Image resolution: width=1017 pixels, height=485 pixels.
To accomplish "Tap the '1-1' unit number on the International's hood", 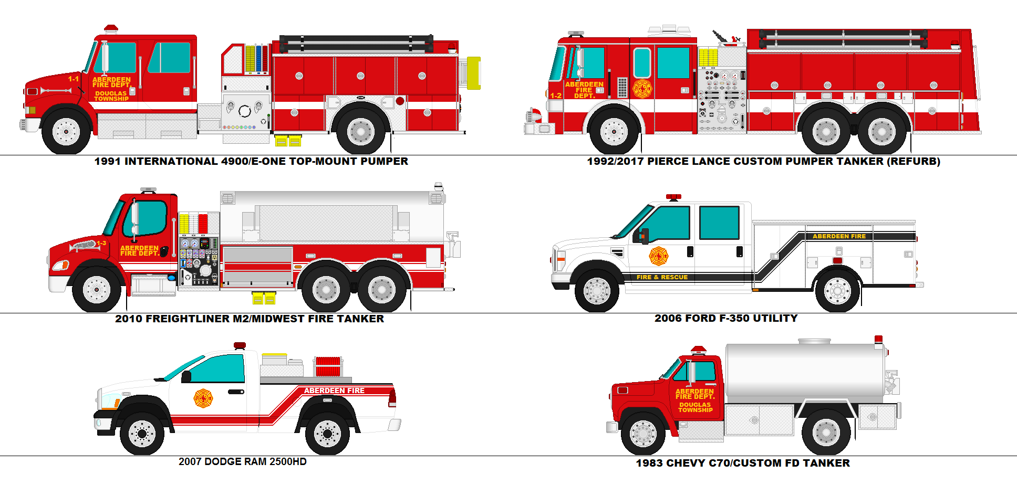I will point(73,79).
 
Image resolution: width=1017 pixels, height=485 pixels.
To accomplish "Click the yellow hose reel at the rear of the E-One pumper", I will point(473,73).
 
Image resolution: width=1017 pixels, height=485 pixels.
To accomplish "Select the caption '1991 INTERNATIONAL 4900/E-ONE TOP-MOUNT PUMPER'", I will point(251,162).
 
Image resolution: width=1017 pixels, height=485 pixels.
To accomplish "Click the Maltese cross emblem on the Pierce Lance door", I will point(642,89).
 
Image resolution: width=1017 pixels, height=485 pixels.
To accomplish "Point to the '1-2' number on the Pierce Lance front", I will point(556,96).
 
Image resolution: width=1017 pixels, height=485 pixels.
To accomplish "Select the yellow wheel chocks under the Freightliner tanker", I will point(264,298).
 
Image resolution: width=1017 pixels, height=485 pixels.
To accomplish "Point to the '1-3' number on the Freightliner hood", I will point(101,243).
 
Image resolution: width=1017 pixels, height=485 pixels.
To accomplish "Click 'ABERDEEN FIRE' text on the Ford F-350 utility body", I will point(839,236).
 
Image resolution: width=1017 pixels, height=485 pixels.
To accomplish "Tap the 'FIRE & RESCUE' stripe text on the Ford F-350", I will point(662,277).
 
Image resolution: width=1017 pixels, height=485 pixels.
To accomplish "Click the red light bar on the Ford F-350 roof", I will point(673,197).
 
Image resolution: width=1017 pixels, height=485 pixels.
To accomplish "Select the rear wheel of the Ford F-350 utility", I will point(837,291).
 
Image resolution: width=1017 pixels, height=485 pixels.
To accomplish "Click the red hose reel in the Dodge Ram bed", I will point(328,366).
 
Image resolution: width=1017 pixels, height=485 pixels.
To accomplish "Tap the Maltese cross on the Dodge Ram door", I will point(203,398).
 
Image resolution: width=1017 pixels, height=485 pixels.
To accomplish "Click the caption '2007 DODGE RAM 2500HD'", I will point(242,462).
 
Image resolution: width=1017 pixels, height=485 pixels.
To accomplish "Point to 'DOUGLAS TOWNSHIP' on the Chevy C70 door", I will point(695,407).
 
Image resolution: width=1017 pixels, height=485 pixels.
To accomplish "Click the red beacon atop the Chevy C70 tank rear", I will point(878,340).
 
